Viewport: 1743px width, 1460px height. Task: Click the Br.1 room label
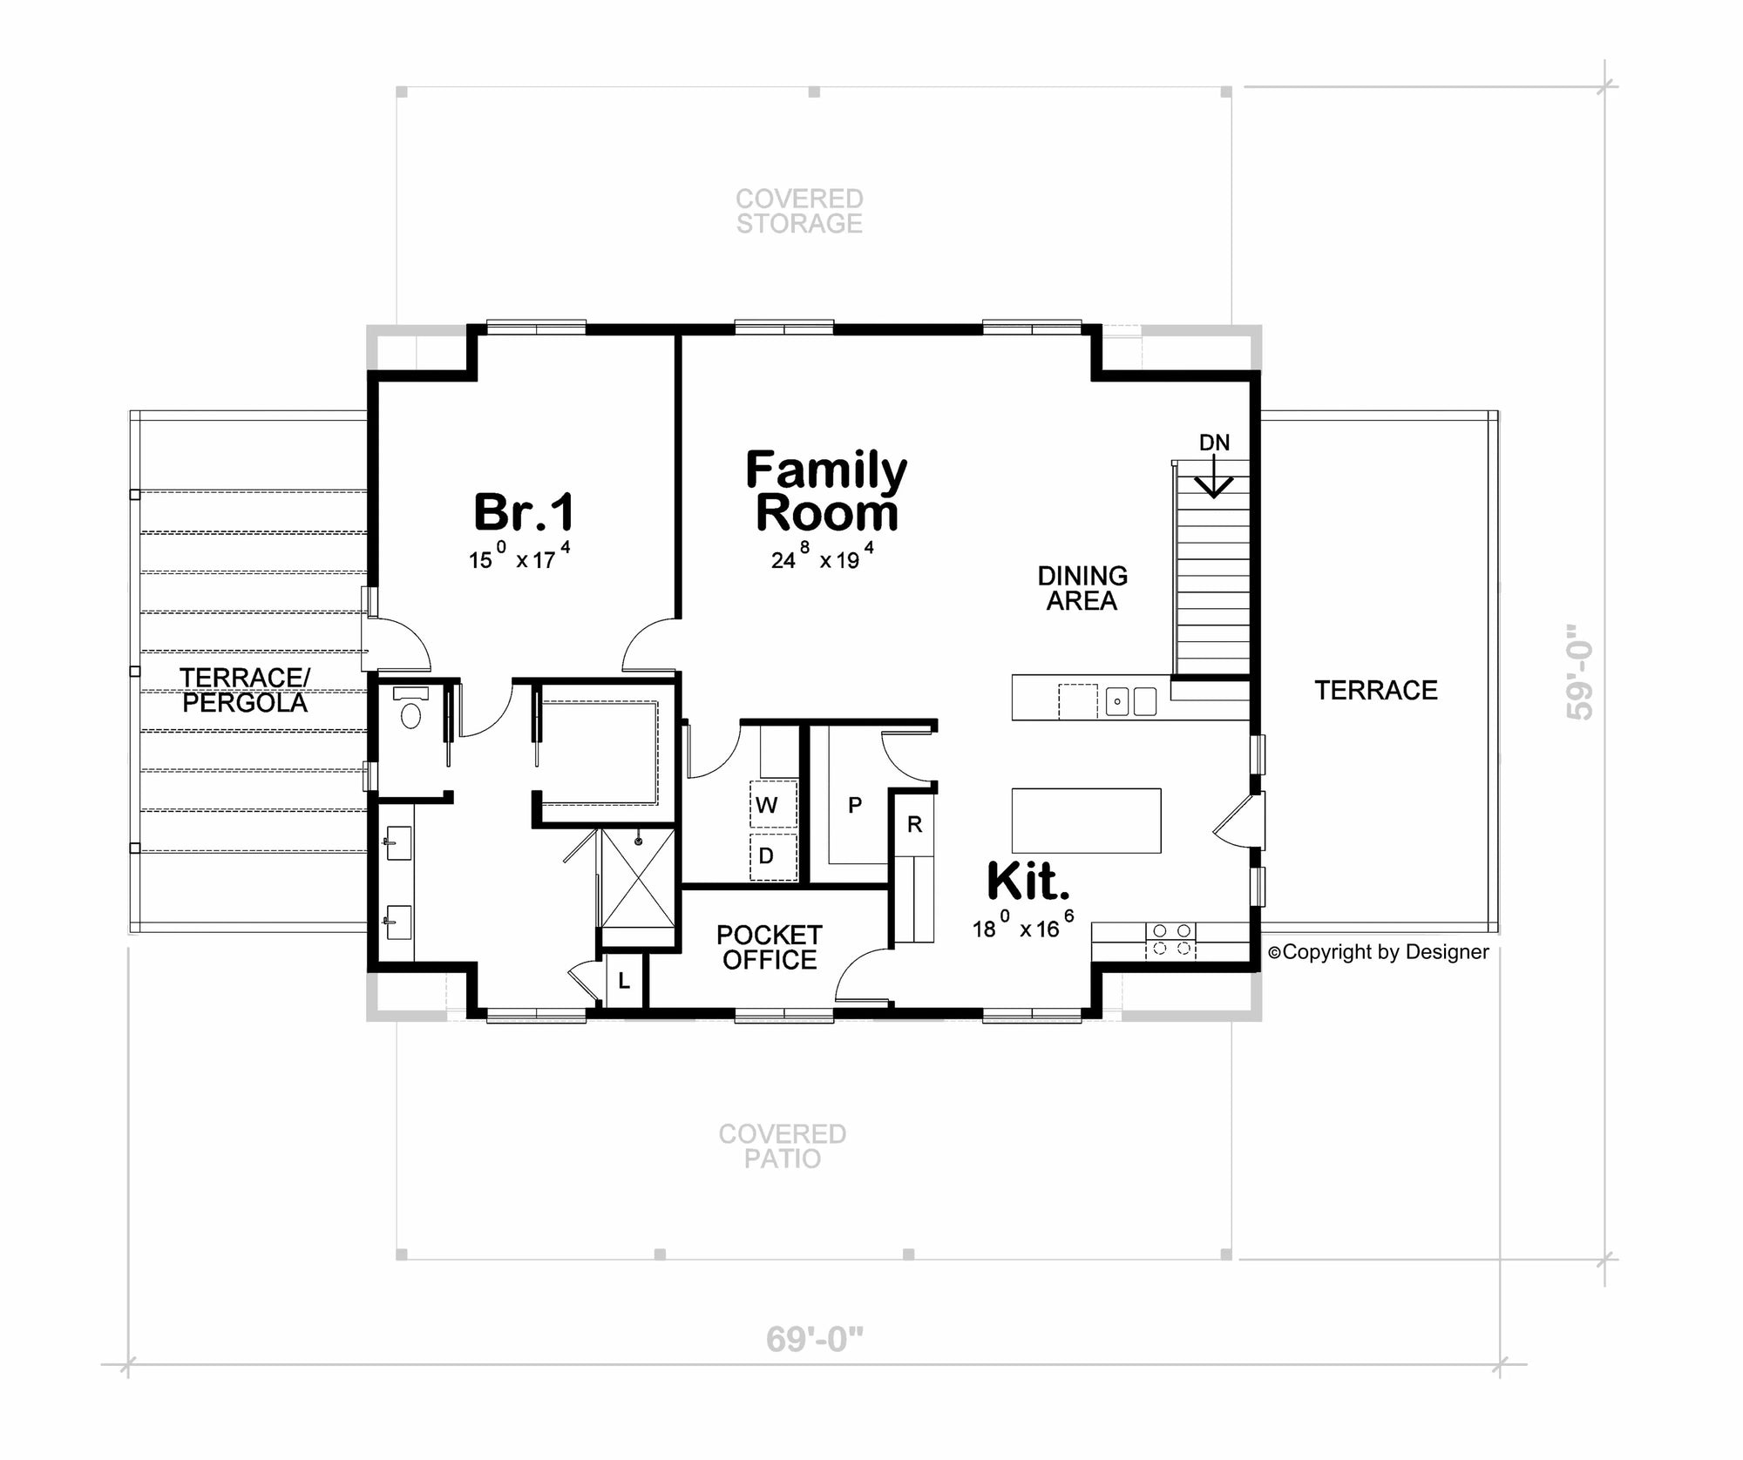click(524, 512)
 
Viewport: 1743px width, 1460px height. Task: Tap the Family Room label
click(826, 491)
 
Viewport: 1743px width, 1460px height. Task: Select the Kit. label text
click(1027, 882)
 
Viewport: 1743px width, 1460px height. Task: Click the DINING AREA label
click(1082, 588)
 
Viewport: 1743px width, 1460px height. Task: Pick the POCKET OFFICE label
click(769, 947)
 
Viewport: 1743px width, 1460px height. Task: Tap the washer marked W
click(767, 805)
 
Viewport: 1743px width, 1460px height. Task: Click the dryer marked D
click(766, 855)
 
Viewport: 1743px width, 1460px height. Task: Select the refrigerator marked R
click(914, 824)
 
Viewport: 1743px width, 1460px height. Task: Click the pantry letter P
click(855, 805)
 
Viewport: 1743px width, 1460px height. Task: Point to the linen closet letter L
click(624, 981)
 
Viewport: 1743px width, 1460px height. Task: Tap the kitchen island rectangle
click(1086, 820)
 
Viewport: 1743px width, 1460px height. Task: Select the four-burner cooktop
click(1170, 940)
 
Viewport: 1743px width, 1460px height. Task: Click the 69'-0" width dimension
click(814, 1339)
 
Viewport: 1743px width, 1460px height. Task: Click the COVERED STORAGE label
click(799, 211)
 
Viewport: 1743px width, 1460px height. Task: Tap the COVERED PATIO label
click(782, 1146)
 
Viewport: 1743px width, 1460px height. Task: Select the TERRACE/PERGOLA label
click(245, 690)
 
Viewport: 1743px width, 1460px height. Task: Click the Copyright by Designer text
click(1379, 952)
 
